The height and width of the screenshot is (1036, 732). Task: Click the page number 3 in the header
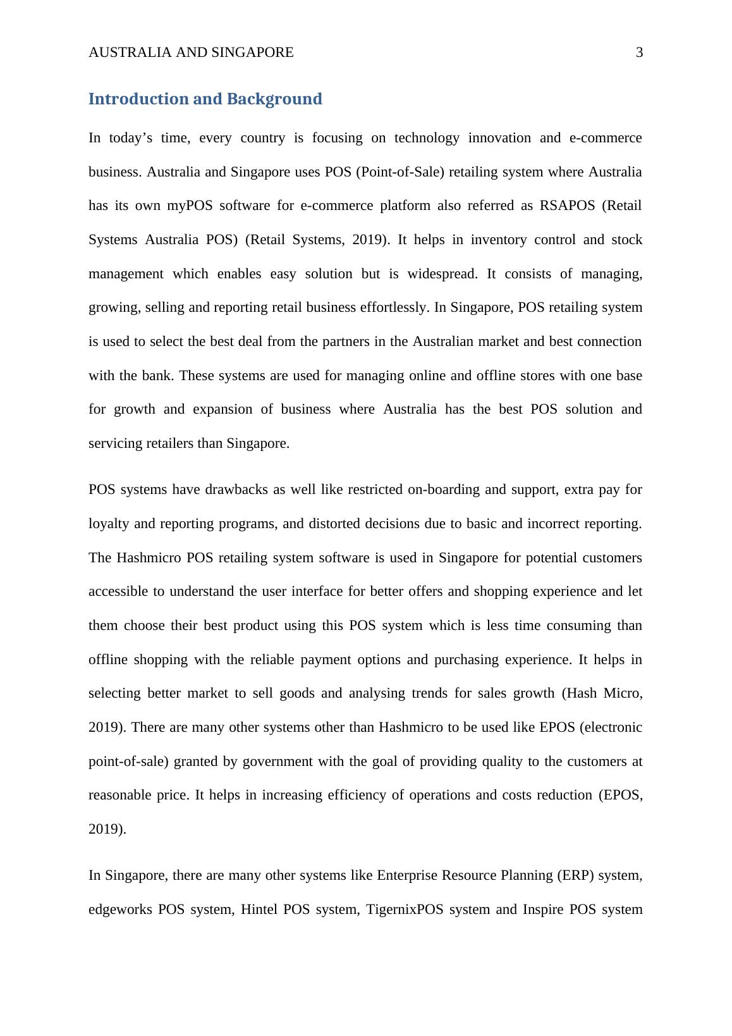click(639, 52)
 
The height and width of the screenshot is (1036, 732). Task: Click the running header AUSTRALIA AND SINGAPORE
click(191, 52)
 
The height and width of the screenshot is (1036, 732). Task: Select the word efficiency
click(357, 795)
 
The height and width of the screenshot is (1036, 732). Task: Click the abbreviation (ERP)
click(575, 875)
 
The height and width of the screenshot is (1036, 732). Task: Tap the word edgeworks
click(119, 910)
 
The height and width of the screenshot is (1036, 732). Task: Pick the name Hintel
click(259, 910)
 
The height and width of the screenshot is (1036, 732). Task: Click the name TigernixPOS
click(404, 910)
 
